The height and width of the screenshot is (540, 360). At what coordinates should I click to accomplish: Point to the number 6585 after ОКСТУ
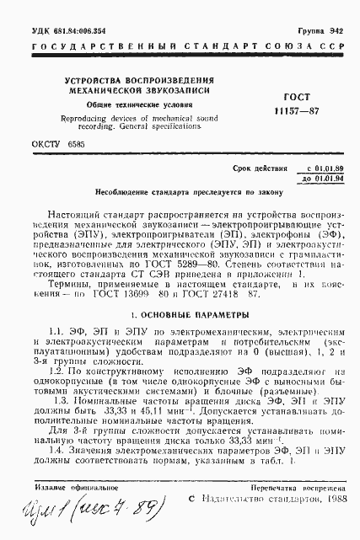pyautogui.click(x=76, y=144)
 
